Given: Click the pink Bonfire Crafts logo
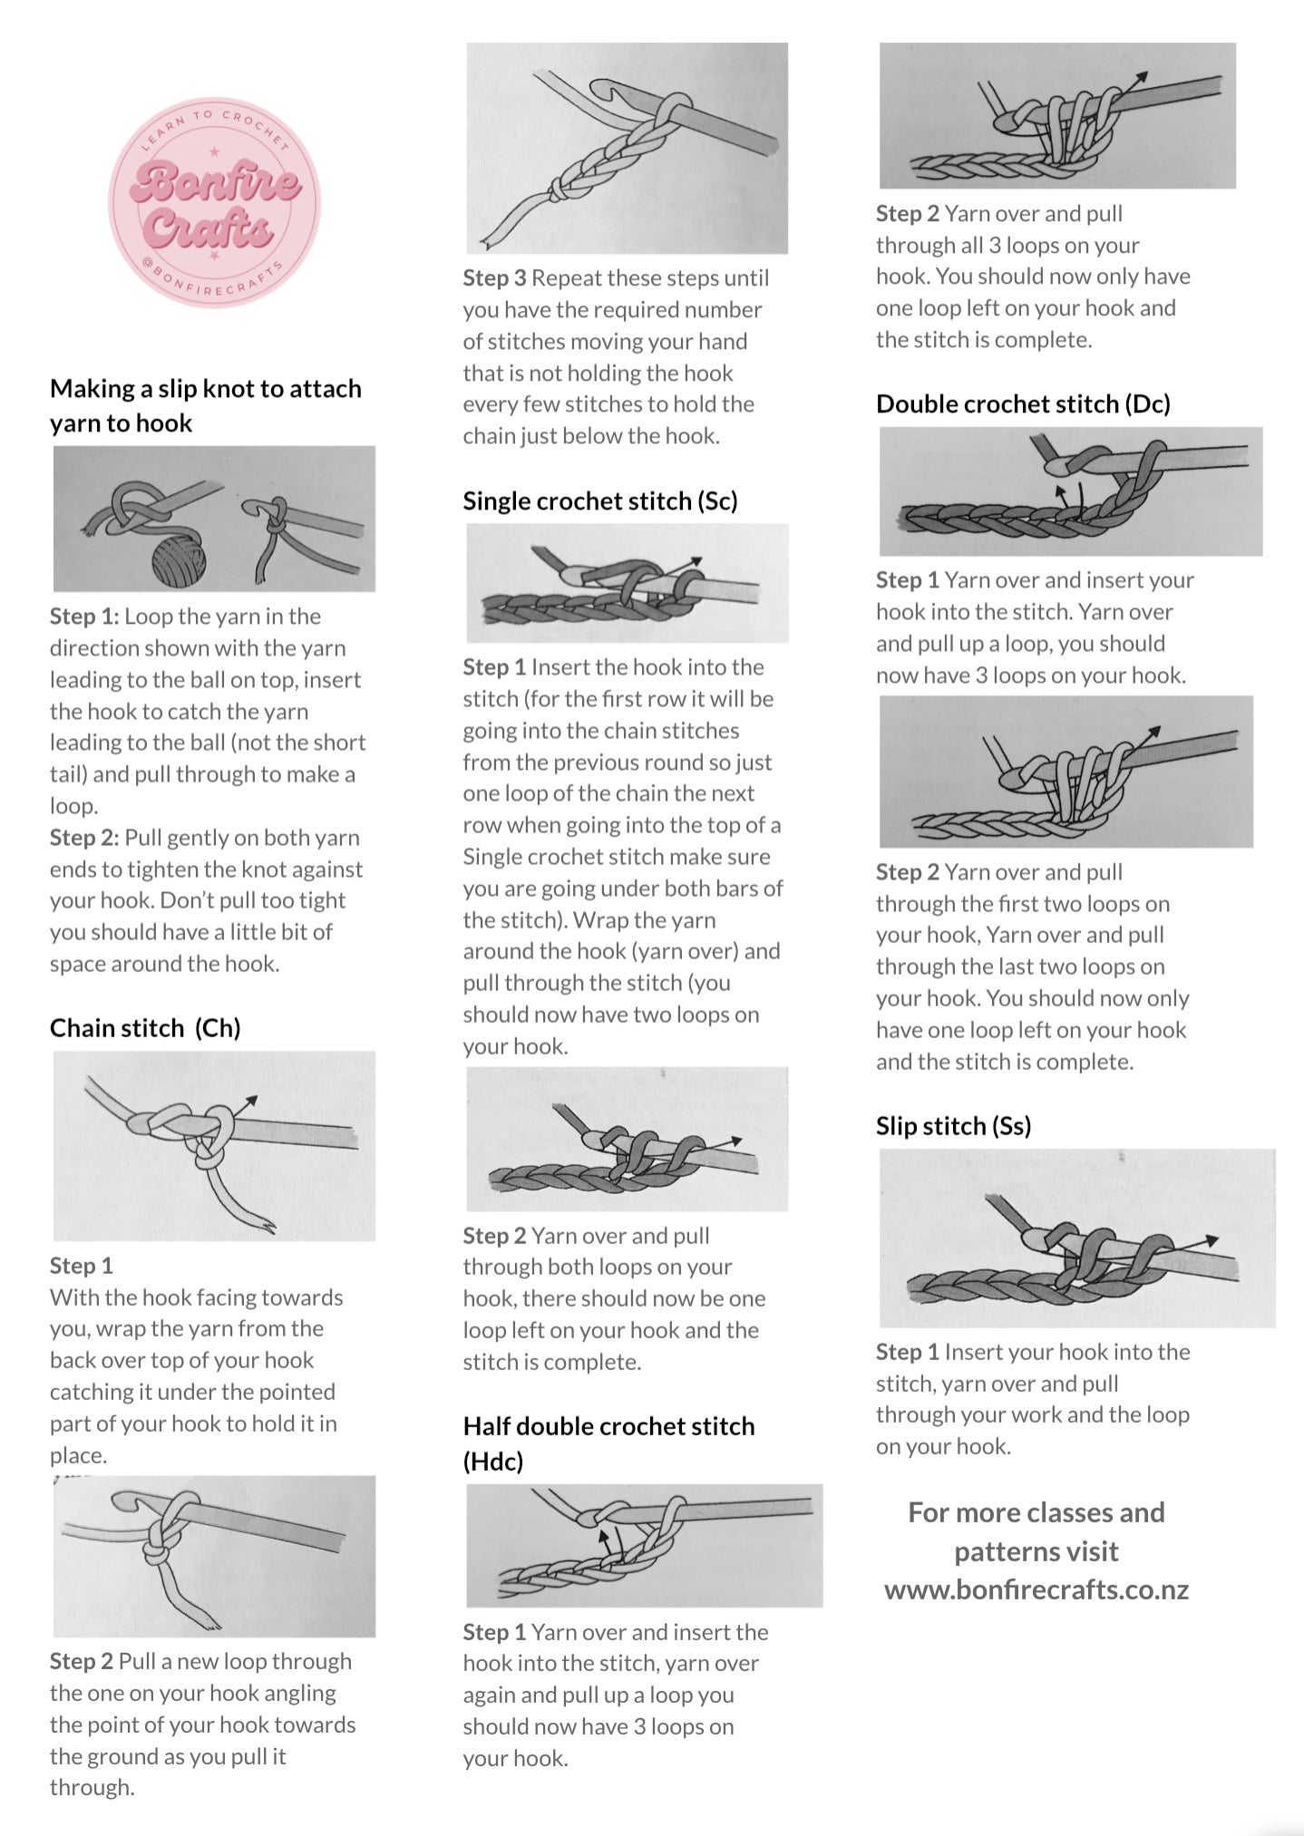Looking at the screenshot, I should [x=215, y=203].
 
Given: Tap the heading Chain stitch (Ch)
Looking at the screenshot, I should [x=145, y=1028].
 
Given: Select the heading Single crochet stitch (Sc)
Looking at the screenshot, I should [x=599, y=501].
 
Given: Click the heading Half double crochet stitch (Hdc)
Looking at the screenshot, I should [x=608, y=1426].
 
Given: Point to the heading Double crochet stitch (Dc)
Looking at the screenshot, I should [x=1023, y=404].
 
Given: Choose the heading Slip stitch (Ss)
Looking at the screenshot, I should [x=953, y=1126].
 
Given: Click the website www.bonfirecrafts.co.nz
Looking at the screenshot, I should [x=1036, y=1589].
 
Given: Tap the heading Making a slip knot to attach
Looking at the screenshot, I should [x=205, y=389].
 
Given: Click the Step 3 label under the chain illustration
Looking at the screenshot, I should [x=494, y=278].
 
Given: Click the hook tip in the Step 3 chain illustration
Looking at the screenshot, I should [x=602, y=86].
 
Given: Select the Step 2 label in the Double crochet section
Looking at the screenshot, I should [x=907, y=872].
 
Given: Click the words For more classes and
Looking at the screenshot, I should [x=1036, y=1512].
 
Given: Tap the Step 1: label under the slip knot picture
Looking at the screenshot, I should [x=83, y=617].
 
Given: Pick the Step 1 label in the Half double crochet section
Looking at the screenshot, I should [x=494, y=1632].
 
